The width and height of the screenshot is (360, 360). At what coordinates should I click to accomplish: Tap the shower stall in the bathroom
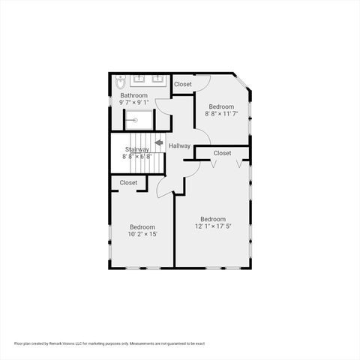click(139, 120)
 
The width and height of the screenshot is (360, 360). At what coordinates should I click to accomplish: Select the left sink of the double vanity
click(140, 78)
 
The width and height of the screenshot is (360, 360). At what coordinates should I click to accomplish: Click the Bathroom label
click(133, 95)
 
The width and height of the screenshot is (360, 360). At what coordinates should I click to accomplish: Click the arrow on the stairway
click(158, 142)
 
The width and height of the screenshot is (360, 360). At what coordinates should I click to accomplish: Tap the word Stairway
click(137, 149)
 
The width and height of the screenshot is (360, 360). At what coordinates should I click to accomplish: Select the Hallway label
click(179, 145)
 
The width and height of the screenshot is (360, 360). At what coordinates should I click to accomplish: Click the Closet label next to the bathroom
click(183, 85)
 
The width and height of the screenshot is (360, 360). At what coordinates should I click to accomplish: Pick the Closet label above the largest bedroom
click(222, 153)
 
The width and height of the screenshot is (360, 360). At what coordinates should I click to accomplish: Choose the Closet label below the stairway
click(128, 182)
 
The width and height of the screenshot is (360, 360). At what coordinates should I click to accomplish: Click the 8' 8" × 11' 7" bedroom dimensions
click(221, 114)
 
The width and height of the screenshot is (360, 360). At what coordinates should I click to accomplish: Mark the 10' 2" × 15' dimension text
click(142, 234)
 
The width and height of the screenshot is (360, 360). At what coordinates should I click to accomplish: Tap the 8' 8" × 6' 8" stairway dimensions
click(137, 157)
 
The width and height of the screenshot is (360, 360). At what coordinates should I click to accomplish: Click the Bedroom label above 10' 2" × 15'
click(142, 226)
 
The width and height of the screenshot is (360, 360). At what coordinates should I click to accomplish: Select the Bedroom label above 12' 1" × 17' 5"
click(212, 219)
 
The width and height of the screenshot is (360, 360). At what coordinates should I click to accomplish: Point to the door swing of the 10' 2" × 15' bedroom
click(166, 189)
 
